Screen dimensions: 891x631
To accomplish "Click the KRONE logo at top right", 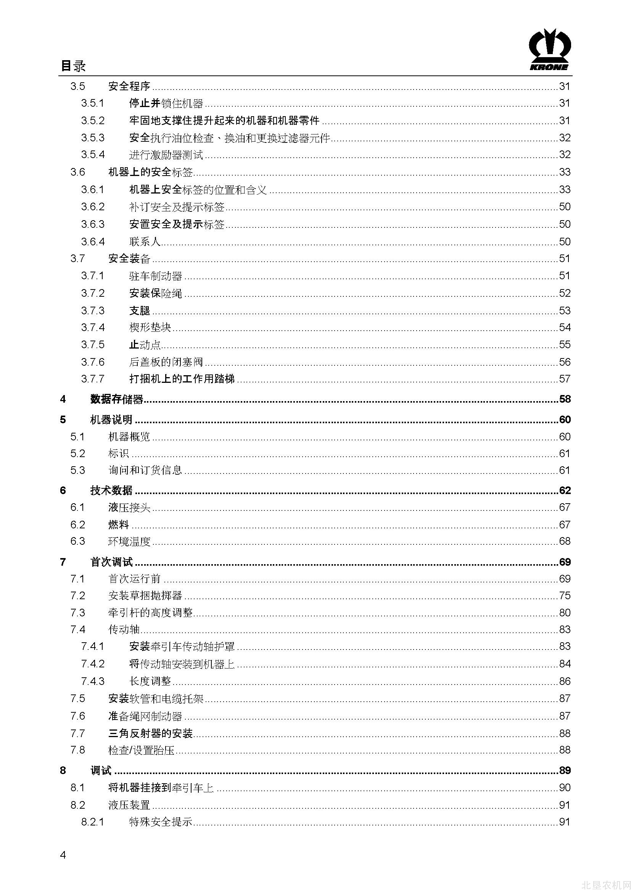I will click(549, 50).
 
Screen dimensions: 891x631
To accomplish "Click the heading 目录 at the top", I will click(73, 66).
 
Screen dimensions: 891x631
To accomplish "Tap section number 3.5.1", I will click(92, 103).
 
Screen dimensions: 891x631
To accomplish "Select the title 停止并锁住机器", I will click(166, 103).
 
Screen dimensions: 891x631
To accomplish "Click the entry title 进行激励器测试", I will click(166, 155).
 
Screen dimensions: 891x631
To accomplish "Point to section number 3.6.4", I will click(92, 242).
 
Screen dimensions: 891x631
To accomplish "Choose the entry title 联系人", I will click(145, 242).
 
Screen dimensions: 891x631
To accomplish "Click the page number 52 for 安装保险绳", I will click(564, 293).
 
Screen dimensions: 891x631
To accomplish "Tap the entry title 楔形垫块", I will click(150, 328).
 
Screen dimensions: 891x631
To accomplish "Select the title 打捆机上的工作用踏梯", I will click(182, 379).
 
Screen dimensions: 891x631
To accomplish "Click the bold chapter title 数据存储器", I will click(117, 399).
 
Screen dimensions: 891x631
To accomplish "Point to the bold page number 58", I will click(565, 399).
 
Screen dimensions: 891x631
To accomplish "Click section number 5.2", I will click(77, 454).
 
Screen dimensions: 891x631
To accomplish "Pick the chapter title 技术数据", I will click(111, 491).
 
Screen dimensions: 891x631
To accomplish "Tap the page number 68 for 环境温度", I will click(564, 541).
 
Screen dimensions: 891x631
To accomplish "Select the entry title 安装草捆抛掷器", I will click(145, 596).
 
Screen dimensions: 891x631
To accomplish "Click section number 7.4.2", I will click(92, 664).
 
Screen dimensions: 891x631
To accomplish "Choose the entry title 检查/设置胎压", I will click(141, 750).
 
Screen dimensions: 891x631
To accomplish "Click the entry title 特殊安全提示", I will click(161, 822).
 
